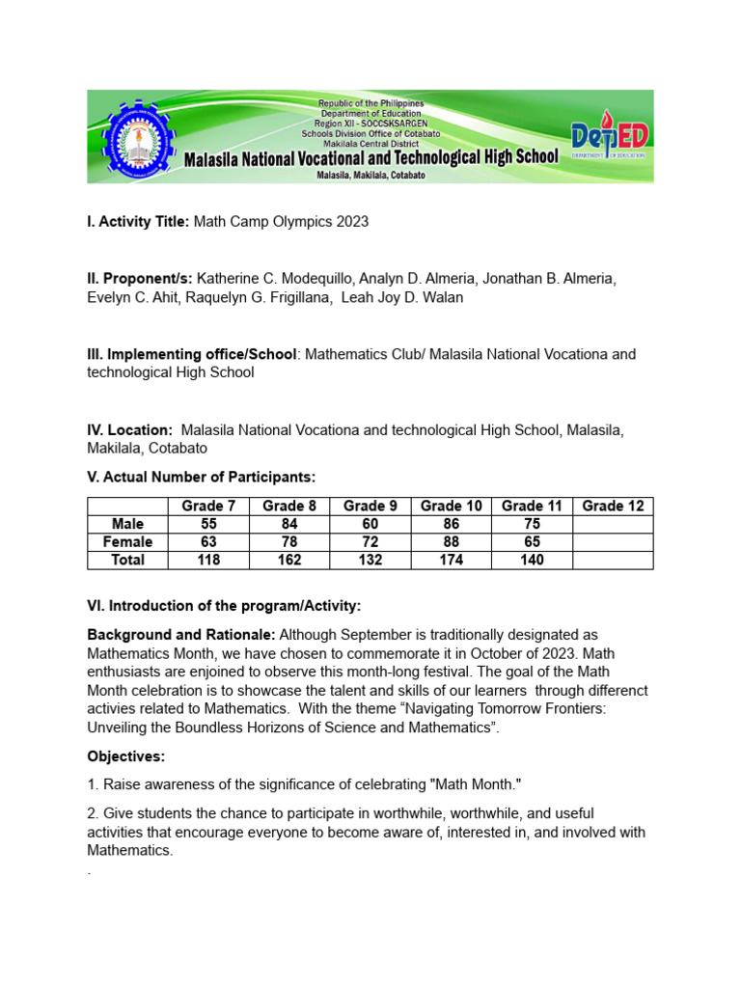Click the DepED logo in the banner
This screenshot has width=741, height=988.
pyautogui.click(x=609, y=139)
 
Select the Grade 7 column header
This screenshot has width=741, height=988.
pyautogui.click(x=207, y=507)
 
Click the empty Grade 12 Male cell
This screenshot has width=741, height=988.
pyautogui.click(x=612, y=524)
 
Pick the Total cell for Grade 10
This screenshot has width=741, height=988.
pyautogui.click(x=451, y=560)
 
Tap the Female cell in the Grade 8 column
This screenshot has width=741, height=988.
pyautogui.click(x=288, y=542)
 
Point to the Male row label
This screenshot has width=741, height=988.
pyautogui.click(x=127, y=524)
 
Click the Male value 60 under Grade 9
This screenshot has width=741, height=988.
pyautogui.click(x=370, y=524)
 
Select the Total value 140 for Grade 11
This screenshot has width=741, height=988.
pyautogui.click(x=531, y=560)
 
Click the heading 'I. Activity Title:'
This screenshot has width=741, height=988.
pyautogui.click(x=139, y=222)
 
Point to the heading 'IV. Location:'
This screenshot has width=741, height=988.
pyautogui.click(x=130, y=429)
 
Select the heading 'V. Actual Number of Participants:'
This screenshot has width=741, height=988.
pyautogui.click(x=202, y=477)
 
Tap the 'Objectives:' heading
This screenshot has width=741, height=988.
pyautogui.click(x=126, y=755)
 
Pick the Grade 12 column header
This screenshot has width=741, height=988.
pyautogui.click(x=612, y=507)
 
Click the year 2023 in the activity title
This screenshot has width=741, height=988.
pyautogui.click(x=352, y=222)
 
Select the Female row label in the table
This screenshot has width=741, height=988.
pyautogui.click(x=127, y=542)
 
